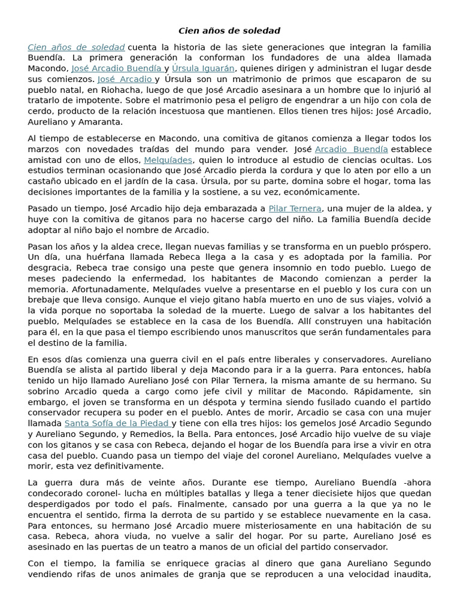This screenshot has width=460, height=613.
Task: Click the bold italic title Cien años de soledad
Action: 229,31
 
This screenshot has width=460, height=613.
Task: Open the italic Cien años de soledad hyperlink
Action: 76,47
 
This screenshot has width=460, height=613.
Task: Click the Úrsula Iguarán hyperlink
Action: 203,68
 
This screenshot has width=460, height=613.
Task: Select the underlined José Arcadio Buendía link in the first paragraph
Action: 116,68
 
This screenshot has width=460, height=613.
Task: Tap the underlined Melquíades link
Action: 168,160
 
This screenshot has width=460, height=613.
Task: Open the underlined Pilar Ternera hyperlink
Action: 295,208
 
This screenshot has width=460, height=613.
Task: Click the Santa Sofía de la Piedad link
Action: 117,423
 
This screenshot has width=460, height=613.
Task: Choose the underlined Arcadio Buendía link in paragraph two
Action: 351,149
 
